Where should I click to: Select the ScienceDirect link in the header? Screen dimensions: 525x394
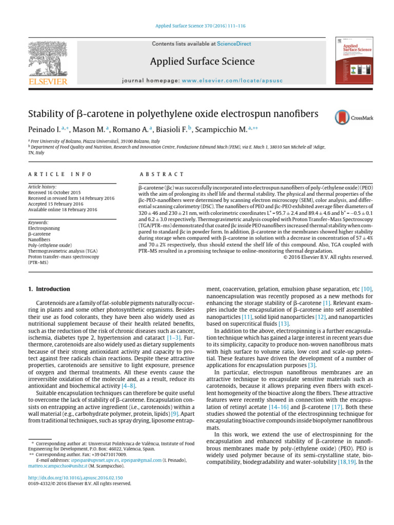pos(234,44)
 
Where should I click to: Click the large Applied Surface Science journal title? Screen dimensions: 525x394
pos(202,62)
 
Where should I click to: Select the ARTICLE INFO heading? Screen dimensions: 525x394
pos(60,174)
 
